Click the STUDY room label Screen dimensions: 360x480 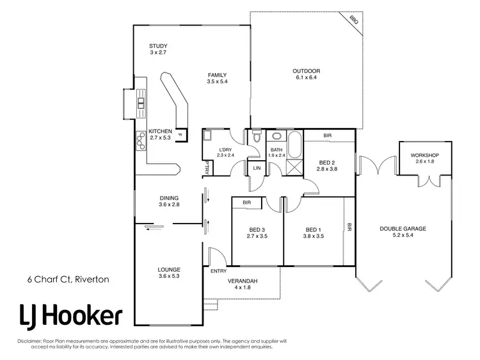pos(158,46)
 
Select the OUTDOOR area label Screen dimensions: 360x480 pos(306,71)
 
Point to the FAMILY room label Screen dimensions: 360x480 pos(218,75)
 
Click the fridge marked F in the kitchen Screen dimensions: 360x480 pos(180,135)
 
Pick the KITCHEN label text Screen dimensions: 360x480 pos(160,131)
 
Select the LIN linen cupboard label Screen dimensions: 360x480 pos(257,168)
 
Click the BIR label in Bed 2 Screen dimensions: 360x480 pos(327,136)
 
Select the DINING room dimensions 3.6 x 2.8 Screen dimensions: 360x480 pos(169,205)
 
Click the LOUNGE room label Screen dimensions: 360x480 pos(169,270)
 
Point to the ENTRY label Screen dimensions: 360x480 pos(219,271)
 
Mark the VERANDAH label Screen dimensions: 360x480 pos(243,281)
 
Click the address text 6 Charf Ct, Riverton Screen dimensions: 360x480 pos(67,279)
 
